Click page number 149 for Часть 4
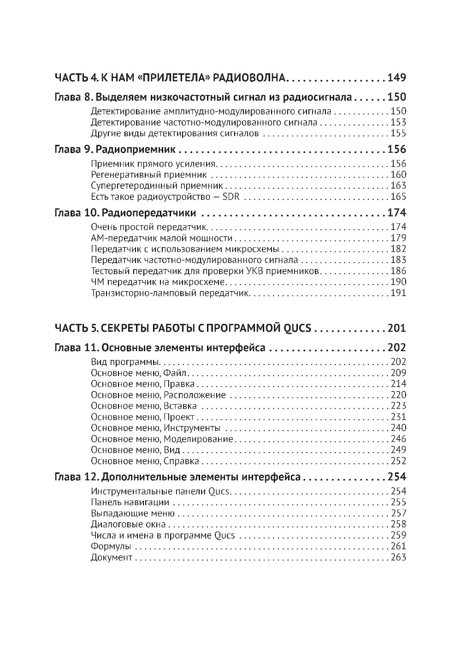point(396,78)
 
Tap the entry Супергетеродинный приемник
point(157,186)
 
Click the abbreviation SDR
point(235,197)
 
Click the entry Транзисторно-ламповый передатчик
point(171,293)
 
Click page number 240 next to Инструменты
point(398,428)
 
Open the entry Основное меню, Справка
point(145,461)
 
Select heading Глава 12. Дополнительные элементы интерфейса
point(178,477)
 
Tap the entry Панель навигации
point(130,502)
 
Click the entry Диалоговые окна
point(129,525)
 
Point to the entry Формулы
point(111,547)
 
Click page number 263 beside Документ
point(398,558)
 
